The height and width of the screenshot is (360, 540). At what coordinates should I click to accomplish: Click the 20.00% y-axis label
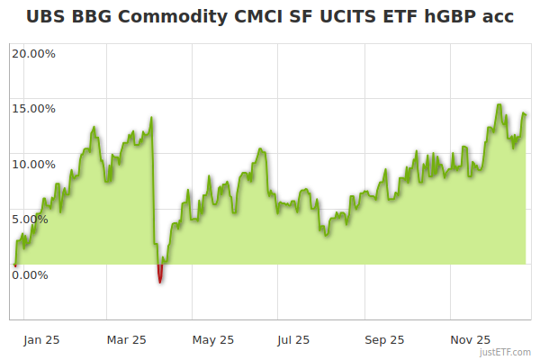pyautogui.click(x=33, y=53)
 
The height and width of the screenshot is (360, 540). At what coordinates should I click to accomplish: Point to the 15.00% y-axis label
pyautogui.click(x=33, y=108)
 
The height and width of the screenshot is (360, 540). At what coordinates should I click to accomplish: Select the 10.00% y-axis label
pyautogui.click(x=33, y=164)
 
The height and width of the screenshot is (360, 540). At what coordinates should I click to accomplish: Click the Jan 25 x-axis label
pyautogui.click(x=41, y=339)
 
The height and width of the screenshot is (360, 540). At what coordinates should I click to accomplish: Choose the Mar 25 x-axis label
pyautogui.click(x=126, y=339)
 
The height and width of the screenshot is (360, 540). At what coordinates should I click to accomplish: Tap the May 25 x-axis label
pyautogui.click(x=213, y=339)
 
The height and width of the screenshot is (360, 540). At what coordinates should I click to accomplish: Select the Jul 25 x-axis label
pyautogui.click(x=293, y=339)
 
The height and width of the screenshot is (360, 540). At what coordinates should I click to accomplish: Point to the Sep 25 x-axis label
pyautogui.click(x=384, y=339)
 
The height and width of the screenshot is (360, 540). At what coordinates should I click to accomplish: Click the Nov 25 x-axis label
pyautogui.click(x=471, y=339)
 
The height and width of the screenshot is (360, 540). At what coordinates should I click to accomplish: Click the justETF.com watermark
pyautogui.click(x=507, y=352)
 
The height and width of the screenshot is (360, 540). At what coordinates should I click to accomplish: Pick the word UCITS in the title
pyautogui.click(x=338, y=16)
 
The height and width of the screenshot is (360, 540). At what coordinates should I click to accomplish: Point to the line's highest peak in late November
pyautogui.click(x=499, y=104)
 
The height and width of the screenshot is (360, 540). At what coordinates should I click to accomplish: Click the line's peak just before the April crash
pyautogui.click(x=151, y=117)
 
